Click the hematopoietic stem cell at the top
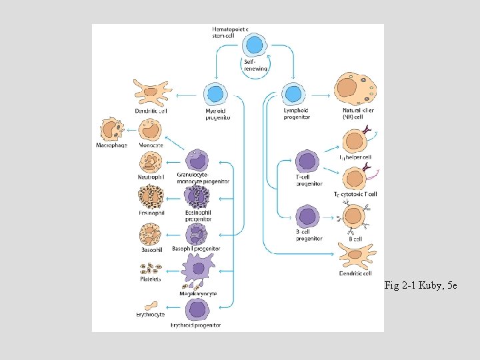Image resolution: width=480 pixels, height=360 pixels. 254,45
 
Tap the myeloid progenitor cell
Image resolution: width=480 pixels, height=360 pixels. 215,94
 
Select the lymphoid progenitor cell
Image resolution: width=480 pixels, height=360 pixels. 293,93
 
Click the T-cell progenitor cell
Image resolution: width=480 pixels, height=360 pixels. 307,161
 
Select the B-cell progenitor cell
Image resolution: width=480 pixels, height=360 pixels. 308,217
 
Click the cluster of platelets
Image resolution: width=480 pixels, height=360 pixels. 151,269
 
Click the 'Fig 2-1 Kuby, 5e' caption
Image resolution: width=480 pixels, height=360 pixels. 421,286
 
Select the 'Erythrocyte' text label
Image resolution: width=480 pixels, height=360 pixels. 150,314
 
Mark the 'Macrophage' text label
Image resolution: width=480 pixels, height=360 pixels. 112,145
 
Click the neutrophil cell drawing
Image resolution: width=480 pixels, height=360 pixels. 150,162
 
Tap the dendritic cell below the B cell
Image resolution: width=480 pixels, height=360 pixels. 357,255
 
